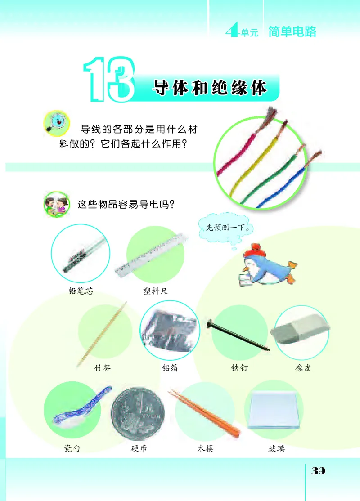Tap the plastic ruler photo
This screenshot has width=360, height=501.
point(151,254)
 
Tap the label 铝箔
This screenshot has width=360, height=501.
point(170,368)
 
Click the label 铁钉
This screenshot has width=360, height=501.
point(239,368)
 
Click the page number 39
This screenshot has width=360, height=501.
point(318,471)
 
